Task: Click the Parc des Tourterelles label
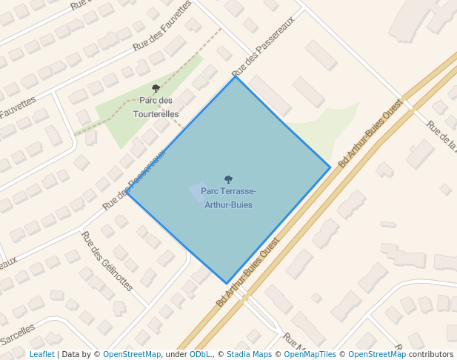[x=156, y=107]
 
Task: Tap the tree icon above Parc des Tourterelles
[x=156, y=89]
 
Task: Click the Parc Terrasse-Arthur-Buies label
[x=228, y=198]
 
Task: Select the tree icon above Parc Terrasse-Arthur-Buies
[x=228, y=179]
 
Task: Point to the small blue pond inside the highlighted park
[x=199, y=192]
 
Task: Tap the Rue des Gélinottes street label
[x=107, y=261]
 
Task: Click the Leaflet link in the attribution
[x=42, y=354]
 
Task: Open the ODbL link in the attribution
[x=200, y=354]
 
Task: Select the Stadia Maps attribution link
[x=249, y=354]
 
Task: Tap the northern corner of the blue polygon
[x=236, y=76]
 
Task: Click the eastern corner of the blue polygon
[x=330, y=167]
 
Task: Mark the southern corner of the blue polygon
[x=227, y=283]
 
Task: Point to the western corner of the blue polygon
[x=127, y=193]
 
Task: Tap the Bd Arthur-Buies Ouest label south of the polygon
[x=248, y=272]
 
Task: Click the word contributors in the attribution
[x=430, y=354]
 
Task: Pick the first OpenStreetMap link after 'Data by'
[x=132, y=354]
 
